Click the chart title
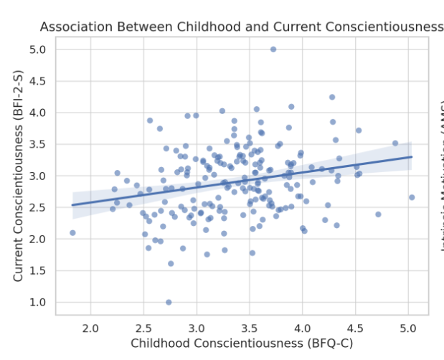click(242, 27)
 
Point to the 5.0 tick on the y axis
click(37, 49)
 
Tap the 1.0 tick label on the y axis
click(37, 302)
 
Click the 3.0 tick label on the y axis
click(37, 176)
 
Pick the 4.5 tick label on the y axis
click(37, 81)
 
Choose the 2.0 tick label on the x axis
click(90, 328)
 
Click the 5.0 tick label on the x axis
click(408, 328)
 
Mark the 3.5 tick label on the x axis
click(249, 328)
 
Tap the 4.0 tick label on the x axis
click(302, 328)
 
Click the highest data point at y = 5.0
click(273, 49)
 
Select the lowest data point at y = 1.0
click(169, 302)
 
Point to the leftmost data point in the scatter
click(72, 233)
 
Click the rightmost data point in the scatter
click(412, 197)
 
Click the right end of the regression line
click(412, 156)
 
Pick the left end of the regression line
click(72, 205)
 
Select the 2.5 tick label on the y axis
click(37, 207)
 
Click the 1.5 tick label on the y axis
click(37, 270)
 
